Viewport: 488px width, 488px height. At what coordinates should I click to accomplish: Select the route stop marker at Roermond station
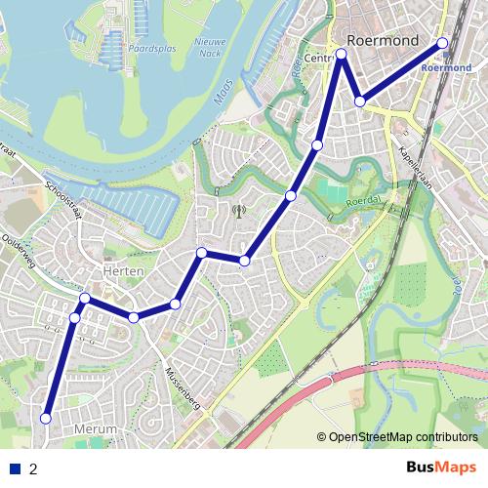[442, 43]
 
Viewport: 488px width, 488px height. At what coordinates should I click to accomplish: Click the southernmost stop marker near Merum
[45, 418]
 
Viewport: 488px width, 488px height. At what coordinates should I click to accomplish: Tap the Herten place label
[124, 270]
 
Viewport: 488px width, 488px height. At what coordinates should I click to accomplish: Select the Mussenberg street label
[182, 386]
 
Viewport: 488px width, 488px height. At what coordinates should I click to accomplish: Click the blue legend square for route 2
[15, 468]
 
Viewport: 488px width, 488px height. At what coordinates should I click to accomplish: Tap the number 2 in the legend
[34, 468]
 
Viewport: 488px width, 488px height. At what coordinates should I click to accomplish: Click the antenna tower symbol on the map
[237, 210]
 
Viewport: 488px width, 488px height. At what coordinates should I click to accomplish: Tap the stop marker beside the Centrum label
[342, 55]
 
